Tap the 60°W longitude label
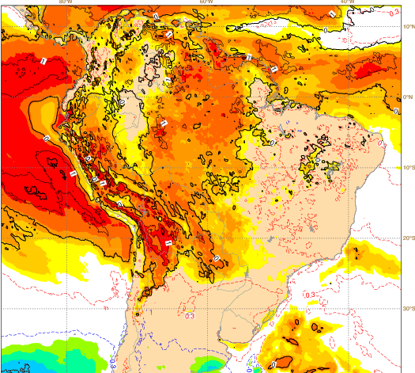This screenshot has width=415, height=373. (206, 2)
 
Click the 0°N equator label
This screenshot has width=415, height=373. (406, 97)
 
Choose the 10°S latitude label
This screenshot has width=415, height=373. (404, 168)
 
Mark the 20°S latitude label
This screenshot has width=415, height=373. (404, 238)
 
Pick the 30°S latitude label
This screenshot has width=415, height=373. (404, 309)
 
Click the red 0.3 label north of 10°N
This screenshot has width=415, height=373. (395, 11)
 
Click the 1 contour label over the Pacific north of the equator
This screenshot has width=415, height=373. (44, 60)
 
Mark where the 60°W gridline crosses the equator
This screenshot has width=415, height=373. (206, 97)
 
